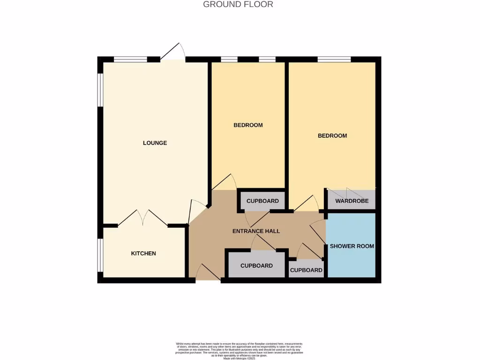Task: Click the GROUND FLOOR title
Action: click(x=238, y=4)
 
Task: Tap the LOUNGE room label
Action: click(x=155, y=143)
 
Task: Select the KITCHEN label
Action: click(x=143, y=253)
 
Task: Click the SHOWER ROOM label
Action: click(x=352, y=246)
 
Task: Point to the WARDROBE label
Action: click(x=352, y=201)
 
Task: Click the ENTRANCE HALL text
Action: click(x=256, y=231)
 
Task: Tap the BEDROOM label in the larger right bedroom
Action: click(x=332, y=136)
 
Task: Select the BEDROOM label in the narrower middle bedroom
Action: click(x=248, y=125)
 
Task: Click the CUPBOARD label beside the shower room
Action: click(x=306, y=270)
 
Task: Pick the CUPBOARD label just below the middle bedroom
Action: click(x=262, y=201)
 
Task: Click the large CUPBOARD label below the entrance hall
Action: click(x=256, y=266)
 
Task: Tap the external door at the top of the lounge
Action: click(x=173, y=52)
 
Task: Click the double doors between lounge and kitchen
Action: click(x=143, y=218)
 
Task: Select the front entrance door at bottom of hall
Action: click(x=208, y=273)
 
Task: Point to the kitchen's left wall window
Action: click(x=100, y=255)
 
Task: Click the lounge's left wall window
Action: click(x=100, y=89)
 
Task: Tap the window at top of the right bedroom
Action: click(x=334, y=59)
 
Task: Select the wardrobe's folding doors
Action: click(x=347, y=193)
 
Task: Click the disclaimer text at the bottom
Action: click(x=239, y=350)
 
